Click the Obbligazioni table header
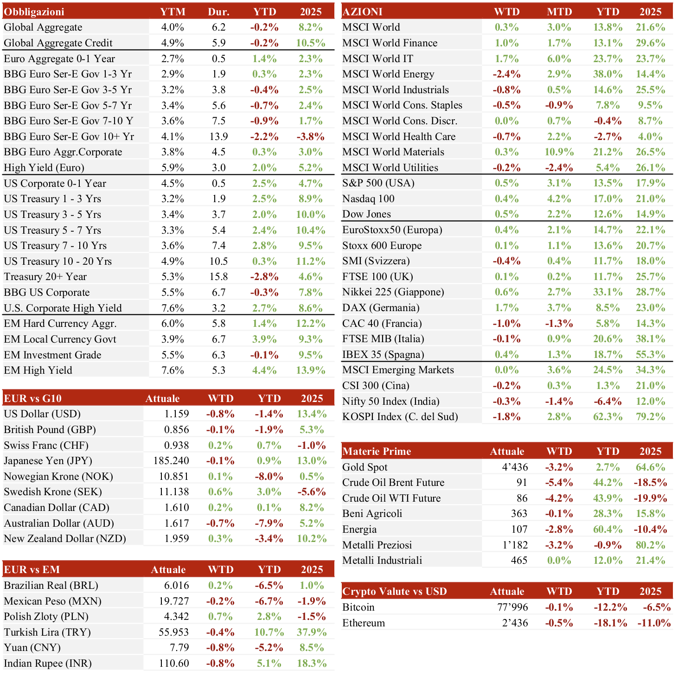pyautogui.click(x=34, y=12)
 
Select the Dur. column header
pyautogui.click(x=219, y=12)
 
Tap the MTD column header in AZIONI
pyautogui.click(x=559, y=12)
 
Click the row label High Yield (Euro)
pyautogui.click(x=44, y=167)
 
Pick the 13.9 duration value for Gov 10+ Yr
pyautogui.click(x=219, y=136)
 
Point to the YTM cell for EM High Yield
pyautogui.click(x=173, y=370)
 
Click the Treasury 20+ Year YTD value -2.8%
pyautogui.click(x=264, y=277)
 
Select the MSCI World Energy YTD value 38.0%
pyautogui.click(x=608, y=74)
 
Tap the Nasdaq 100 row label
pyautogui.click(x=368, y=199)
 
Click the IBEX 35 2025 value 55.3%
pyautogui.click(x=650, y=354)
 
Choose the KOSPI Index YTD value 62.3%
pyautogui.click(x=608, y=417)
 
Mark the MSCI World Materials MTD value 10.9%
pyautogui.click(x=559, y=152)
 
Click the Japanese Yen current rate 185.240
pyautogui.click(x=171, y=461)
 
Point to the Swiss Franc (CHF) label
pyautogui.click(x=46, y=445)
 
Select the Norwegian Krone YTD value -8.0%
pyautogui.click(x=269, y=477)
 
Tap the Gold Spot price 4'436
pyautogui.click(x=515, y=467)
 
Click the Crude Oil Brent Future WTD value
pyautogui.click(x=559, y=483)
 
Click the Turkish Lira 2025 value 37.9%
pyautogui.click(x=312, y=632)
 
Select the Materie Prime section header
pyautogui.click(x=377, y=451)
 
